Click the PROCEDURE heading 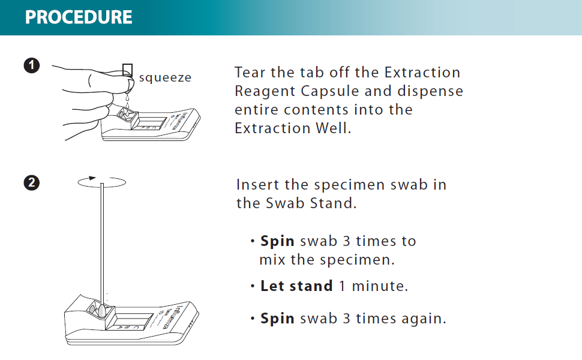[x=79, y=17]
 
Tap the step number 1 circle [x=32, y=65]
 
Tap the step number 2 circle [x=32, y=182]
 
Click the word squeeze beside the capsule [x=165, y=77]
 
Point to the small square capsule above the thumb [x=127, y=70]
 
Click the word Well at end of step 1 [x=333, y=128]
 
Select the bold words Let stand [x=296, y=286]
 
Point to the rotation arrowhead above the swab [x=92, y=178]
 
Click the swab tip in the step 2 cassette [x=102, y=310]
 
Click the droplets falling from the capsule [x=127, y=103]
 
